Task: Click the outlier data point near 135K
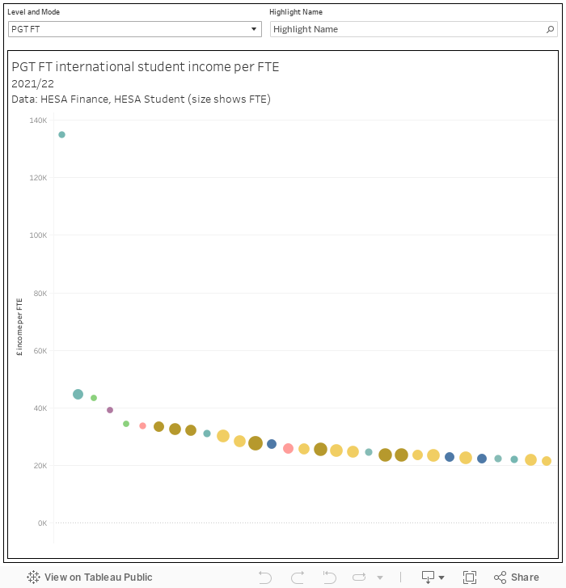(x=61, y=135)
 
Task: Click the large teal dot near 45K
(x=78, y=395)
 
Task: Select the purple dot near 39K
(x=110, y=410)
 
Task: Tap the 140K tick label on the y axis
(x=38, y=121)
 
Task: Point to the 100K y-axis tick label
(x=38, y=235)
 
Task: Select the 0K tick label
(x=41, y=523)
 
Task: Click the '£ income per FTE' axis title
(x=20, y=328)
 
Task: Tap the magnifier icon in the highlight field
(x=551, y=29)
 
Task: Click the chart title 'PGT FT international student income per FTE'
(x=146, y=67)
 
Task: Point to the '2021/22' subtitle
(x=32, y=83)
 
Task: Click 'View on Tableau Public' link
(x=89, y=577)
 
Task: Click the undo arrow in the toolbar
(x=264, y=577)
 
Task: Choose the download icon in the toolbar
(x=429, y=577)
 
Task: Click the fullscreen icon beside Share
(x=470, y=577)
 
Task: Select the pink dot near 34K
(x=142, y=425)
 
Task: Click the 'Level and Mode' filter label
(x=33, y=12)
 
